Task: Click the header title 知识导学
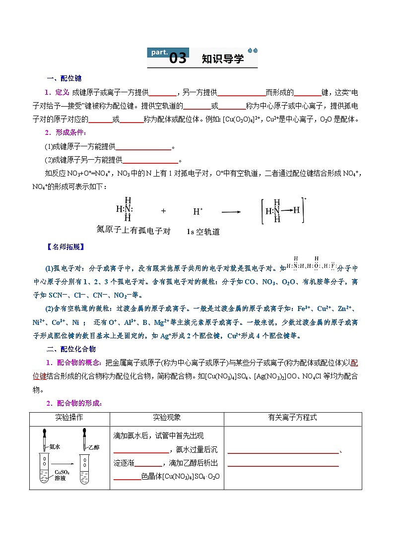[223, 59]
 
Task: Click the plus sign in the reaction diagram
[163, 210]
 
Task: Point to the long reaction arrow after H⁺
[231, 211]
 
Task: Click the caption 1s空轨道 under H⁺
[203, 232]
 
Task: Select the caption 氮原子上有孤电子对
[133, 231]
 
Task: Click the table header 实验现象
[166, 418]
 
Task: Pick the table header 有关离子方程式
[292, 418]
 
